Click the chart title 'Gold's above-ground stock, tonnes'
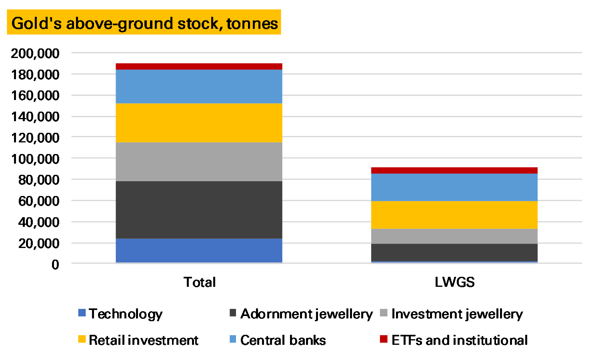click(144, 23)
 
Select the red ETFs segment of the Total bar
click(199, 66)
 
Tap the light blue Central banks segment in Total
click(199, 86)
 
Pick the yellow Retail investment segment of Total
click(199, 123)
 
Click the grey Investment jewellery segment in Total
click(199, 162)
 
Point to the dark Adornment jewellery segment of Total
click(199, 210)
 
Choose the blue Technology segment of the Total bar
click(199, 250)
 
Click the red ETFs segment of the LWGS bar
click(454, 170)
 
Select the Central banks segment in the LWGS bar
click(454, 187)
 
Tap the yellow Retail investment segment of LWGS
click(454, 215)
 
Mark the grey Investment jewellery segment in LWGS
click(454, 236)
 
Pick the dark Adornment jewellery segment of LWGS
click(454, 252)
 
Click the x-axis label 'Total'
click(200, 282)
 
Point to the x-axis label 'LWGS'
click(454, 282)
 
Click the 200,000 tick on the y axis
click(35, 53)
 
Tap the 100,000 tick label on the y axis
click(35, 159)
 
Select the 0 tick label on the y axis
click(55, 264)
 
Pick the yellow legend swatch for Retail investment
click(82, 339)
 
